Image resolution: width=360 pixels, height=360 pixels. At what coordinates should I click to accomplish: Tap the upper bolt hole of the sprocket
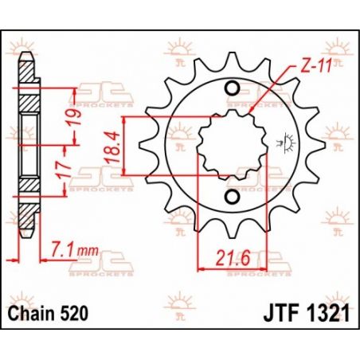tap(232, 88)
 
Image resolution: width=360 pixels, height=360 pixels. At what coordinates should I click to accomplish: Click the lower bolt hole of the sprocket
tap(232, 197)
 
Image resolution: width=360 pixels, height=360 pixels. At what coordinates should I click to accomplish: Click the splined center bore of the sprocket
tap(232, 143)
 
